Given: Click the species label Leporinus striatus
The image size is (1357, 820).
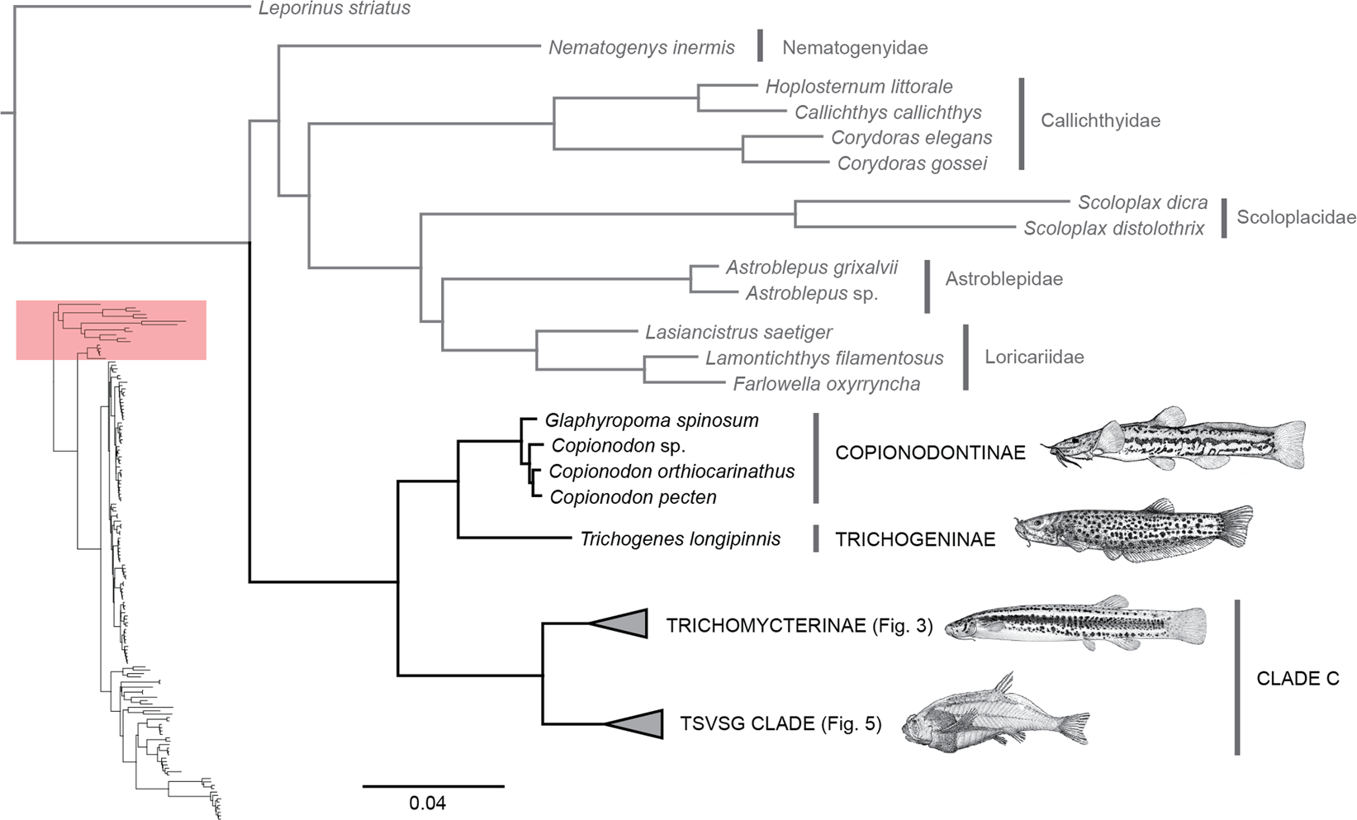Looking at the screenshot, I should click(x=334, y=9).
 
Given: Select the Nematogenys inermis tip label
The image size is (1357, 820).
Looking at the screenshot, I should click(x=641, y=48).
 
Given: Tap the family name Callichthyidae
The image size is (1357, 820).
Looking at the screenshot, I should click(x=1100, y=121).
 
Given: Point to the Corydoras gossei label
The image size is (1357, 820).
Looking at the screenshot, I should click(x=912, y=164).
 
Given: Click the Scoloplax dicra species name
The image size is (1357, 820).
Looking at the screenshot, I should click(x=1142, y=202).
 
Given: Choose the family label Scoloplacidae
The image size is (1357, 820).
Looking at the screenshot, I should click(x=1296, y=217).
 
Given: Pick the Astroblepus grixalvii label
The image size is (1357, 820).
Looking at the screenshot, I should click(x=811, y=268).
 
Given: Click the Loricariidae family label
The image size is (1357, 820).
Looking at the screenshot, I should click(x=1034, y=357).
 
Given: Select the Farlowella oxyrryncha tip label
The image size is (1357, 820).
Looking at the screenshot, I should click(x=826, y=384).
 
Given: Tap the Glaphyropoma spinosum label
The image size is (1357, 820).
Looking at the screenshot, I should click(x=651, y=420).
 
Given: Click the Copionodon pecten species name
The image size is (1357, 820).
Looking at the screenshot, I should click(x=633, y=497).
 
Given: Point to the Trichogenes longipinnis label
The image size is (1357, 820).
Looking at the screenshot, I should click(x=680, y=539).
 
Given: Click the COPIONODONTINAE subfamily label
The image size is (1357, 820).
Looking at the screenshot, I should click(x=930, y=453).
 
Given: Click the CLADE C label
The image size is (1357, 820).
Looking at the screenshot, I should click(x=1298, y=679).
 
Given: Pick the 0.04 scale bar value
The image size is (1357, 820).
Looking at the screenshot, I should click(x=427, y=803).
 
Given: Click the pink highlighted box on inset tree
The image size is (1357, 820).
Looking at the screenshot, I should click(x=111, y=330).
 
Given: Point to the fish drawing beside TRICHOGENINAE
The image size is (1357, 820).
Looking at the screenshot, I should click(x=1133, y=528).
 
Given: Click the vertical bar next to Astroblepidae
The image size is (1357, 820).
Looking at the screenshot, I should click(x=927, y=287).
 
